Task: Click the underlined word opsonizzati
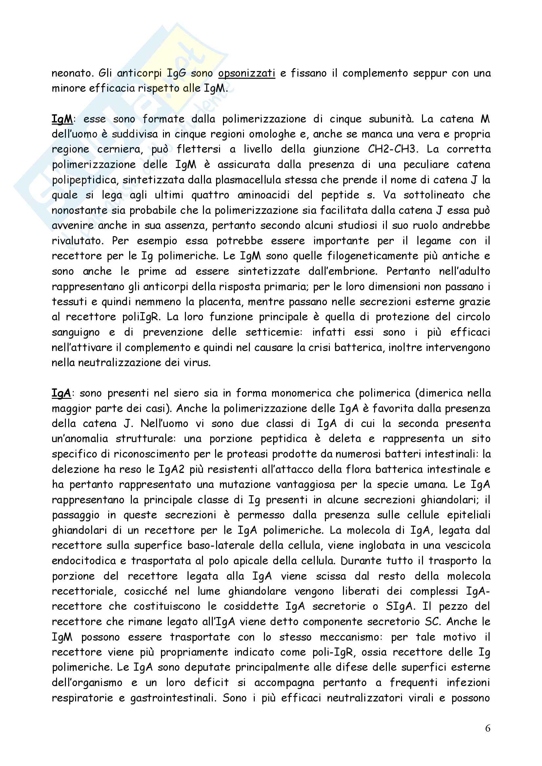coord(247,73)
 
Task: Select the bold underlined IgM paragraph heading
coord(62,119)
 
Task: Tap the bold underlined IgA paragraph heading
coord(61,393)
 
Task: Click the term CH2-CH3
coord(393,149)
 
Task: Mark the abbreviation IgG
coord(176,73)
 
